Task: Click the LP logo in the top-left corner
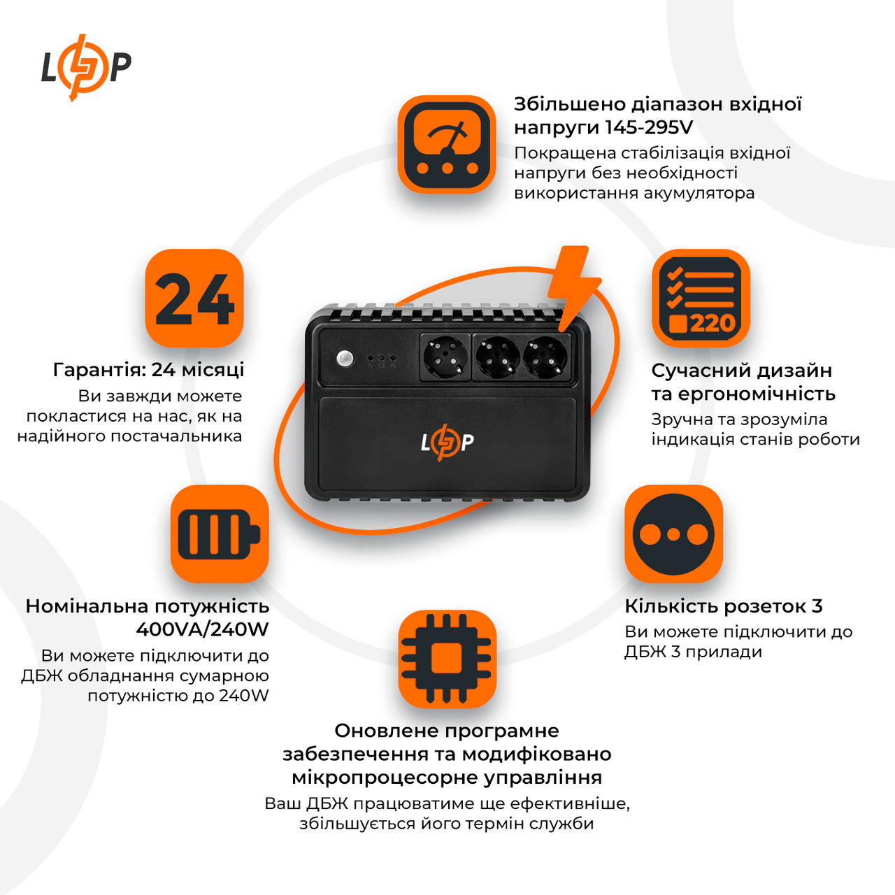[x=85, y=67]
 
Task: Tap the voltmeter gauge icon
[x=447, y=145]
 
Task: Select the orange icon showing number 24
[x=194, y=299]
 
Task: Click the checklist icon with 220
[x=701, y=299]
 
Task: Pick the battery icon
[x=220, y=534]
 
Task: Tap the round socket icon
[x=673, y=534]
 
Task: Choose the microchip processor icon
[x=447, y=659]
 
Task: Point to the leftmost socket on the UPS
[x=445, y=357]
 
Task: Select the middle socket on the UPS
[x=497, y=357]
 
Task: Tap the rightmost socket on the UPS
[x=545, y=357]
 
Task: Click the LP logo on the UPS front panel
[x=447, y=442]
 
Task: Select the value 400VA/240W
[x=202, y=629]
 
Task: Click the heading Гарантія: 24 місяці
[x=148, y=369]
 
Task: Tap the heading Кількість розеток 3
[x=723, y=606]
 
